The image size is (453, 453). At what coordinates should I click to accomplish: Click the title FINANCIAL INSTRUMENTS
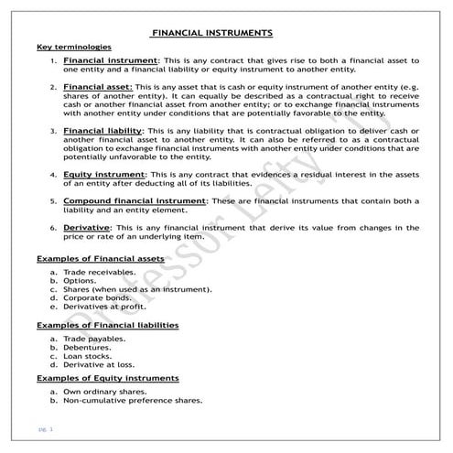tap(211, 32)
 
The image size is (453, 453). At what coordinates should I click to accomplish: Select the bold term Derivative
tap(87, 227)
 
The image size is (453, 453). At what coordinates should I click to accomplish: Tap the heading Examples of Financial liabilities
tap(107, 325)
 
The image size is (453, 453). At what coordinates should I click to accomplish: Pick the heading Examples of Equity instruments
tap(107, 378)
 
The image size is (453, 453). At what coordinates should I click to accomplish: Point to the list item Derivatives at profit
tap(104, 307)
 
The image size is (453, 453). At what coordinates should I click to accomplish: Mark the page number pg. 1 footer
tap(46, 428)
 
